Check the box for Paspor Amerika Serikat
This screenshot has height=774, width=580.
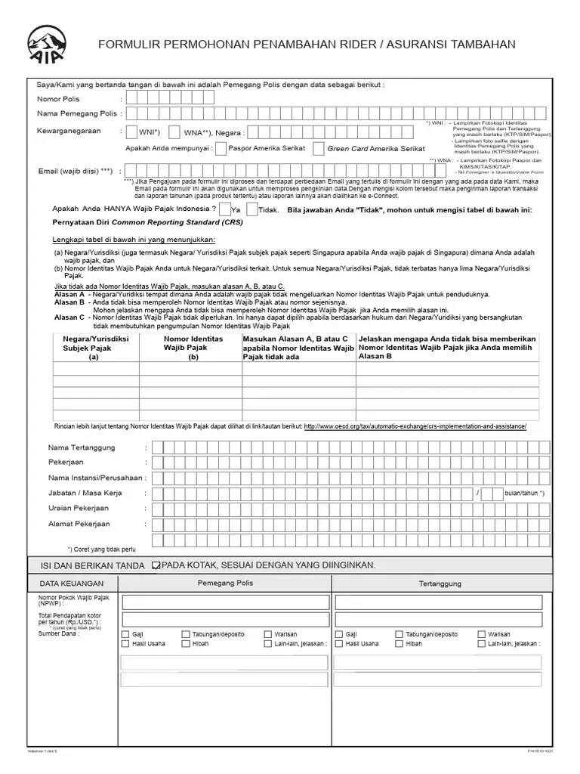pyautogui.click(x=220, y=149)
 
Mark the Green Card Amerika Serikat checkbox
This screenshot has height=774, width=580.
pyautogui.click(x=319, y=149)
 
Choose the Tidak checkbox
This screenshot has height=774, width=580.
pyautogui.click(x=251, y=209)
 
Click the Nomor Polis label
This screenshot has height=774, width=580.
pyautogui.click(x=58, y=99)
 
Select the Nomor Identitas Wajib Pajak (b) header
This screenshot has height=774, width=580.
pyautogui.click(x=193, y=348)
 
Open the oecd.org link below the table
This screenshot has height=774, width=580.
pyautogui.click(x=435, y=426)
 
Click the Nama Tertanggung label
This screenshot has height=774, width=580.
pyautogui.click(x=82, y=447)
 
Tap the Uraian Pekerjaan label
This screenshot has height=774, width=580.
pyautogui.click(x=79, y=508)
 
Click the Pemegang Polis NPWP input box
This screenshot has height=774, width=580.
pyautogui.click(x=224, y=602)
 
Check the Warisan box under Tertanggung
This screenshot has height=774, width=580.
pyautogui.click(x=482, y=634)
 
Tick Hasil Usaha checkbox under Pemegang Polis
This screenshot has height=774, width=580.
pyautogui.click(x=125, y=644)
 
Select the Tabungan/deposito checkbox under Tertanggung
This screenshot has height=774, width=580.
pyautogui.click(x=399, y=634)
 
